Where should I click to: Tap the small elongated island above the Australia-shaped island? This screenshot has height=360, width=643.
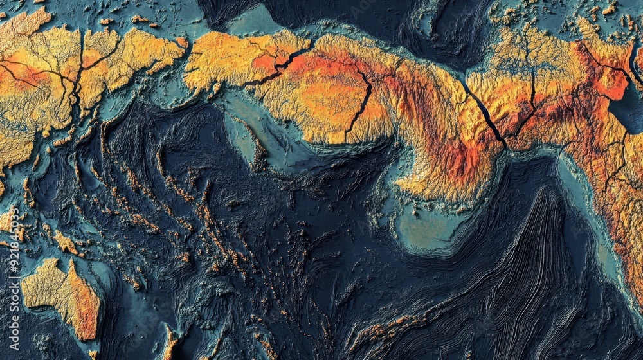(64, 243)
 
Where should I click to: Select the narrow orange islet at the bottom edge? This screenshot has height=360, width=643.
(170, 344)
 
